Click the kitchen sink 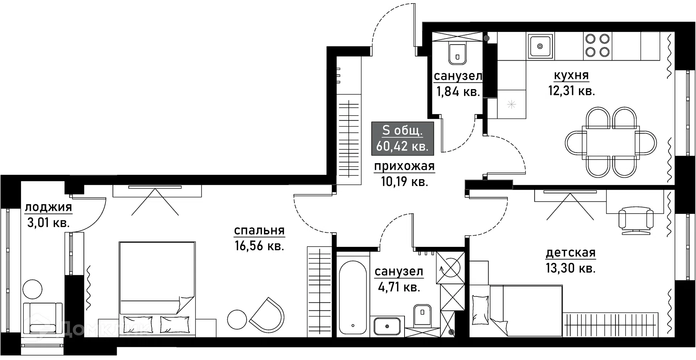540,46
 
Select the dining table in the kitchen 611,142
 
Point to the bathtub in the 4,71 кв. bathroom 352,297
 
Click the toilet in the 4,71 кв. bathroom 423,315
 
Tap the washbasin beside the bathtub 387,326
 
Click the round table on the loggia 33,289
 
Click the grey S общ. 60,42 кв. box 402,138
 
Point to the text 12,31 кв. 571,91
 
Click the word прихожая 404,167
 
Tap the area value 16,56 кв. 259,246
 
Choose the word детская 571,253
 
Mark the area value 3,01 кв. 48,222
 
